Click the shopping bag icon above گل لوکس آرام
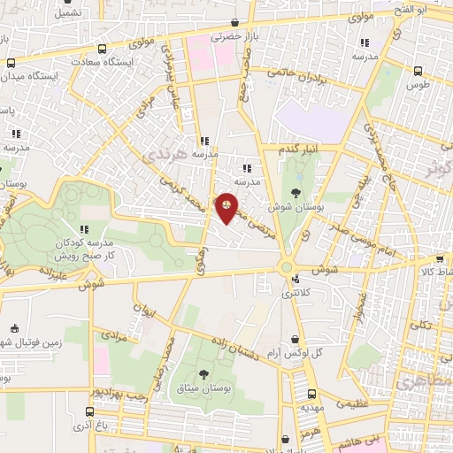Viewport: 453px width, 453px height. click(x=295, y=338)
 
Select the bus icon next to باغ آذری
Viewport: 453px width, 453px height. click(x=89, y=411)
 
